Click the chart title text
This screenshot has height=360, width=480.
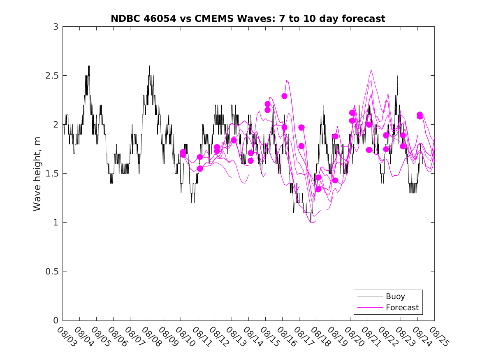pyautogui.click(x=248, y=19)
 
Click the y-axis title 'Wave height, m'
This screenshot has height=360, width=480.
pyautogui.click(x=37, y=173)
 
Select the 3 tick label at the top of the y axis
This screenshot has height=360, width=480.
pyautogui.click(x=55, y=27)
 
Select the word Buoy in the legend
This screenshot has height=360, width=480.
pyautogui.click(x=395, y=296)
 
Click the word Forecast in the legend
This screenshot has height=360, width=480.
pyautogui.click(x=402, y=307)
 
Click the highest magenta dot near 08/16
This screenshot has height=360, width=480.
pyautogui.click(x=284, y=96)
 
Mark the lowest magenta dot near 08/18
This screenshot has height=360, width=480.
pyautogui.click(x=318, y=189)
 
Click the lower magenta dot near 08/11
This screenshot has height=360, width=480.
pyautogui.click(x=200, y=169)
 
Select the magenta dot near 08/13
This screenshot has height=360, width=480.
pyautogui.click(x=234, y=140)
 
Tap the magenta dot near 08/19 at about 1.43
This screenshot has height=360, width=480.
pyautogui.click(x=335, y=180)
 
